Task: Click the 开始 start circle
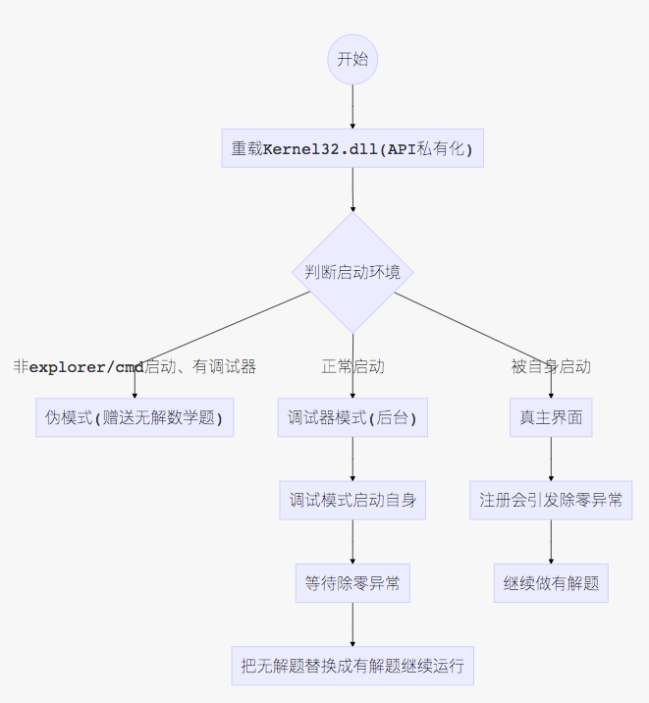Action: click(352, 59)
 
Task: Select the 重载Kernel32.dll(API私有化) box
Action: click(352, 149)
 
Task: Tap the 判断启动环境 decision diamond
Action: click(352, 272)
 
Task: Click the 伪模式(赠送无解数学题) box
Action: click(135, 417)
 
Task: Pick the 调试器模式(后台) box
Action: click(352, 417)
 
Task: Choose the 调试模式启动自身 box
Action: click(352, 500)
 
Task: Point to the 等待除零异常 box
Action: click(352, 583)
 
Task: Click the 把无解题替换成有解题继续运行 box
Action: click(352, 666)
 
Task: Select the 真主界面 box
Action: click(551, 417)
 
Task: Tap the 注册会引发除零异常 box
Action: click(551, 500)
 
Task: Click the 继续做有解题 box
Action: click(551, 583)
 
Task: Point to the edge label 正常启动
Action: click(352, 367)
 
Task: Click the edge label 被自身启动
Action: click(551, 367)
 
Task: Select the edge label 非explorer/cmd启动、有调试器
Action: click(135, 367)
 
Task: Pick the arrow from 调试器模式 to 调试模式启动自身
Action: click(352, 459)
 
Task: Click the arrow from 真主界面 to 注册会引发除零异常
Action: click(551, 459)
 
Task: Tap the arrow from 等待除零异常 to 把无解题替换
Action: click(352, 624)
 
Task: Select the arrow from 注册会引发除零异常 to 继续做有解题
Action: click(551, 542)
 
